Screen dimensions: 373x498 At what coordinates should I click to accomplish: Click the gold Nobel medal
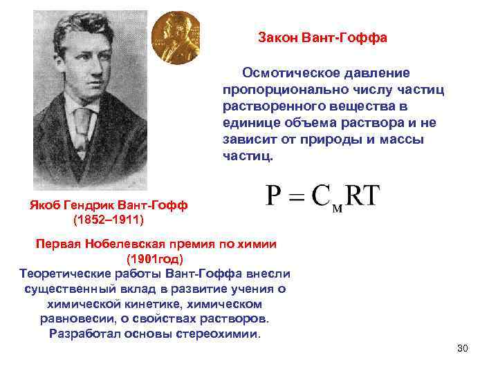(x=176, y=37)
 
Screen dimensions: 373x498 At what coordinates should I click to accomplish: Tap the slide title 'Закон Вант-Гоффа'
(x=322, y=37)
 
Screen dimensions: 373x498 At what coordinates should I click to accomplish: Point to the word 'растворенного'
(x=266, y=106)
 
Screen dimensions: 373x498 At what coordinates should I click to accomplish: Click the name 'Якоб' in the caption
(x=47, y=205)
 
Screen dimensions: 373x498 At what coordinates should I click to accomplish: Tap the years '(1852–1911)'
(x=108, y=220)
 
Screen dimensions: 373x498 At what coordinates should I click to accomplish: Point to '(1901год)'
(x=155, y=259)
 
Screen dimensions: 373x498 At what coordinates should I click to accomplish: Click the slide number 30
(x=463, y=347)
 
